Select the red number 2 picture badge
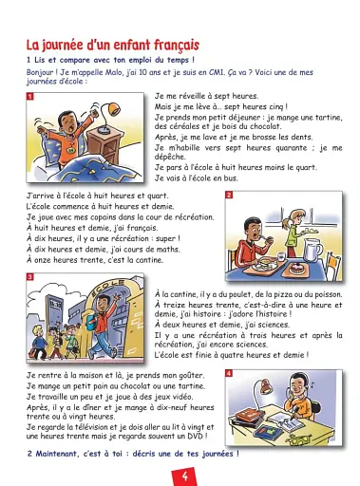click(x=228, y=196)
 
